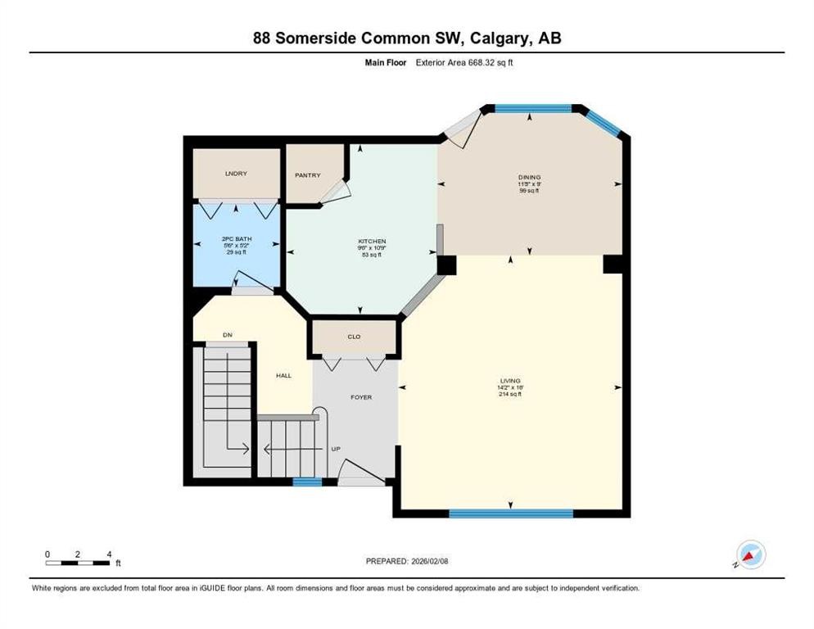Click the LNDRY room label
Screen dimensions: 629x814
pyautogui.click(x=236, y=174)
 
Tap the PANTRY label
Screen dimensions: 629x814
pyautogui.click(x=308, y=175)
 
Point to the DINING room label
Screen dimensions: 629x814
pyautogui.click(x=529, y=177)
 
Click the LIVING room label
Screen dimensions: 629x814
pyautogui.click(x=510, y=381)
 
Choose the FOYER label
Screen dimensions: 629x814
pyautogui.click(x=361, y=397)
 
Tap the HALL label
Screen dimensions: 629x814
pyautogui.click(x=283, y=375)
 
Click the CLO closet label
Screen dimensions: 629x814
pyautogui.click(x=354, y=337)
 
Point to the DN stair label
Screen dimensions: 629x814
pyautogui.click(x=228, y=334)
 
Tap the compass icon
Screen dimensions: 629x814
pyautogui.click(x=750, y=554)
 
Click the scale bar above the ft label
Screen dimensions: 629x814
pyautogui.click(x=78, y=563)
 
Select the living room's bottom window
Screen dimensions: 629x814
pyautogui.click(x=510, y=514)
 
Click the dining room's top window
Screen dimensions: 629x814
pyautogui.click(x=533, y=108)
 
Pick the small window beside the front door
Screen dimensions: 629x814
pyautogui.click(x=307, y=482)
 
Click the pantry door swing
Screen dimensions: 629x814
pyautogui.click(x=336, y=192)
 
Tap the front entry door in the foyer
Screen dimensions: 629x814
pyautogui.click(x=361, y=473)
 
